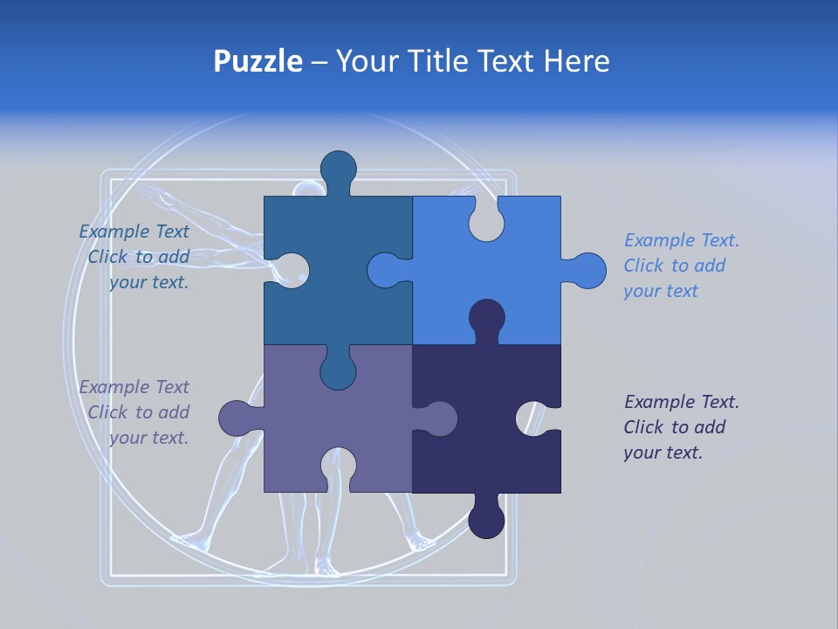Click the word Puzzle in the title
(x=258, y=61)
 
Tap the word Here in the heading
(x=576, y=61)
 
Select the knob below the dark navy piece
(x=486, y=519)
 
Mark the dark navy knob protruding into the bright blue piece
(x=486, y=318)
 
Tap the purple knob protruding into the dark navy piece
(x=438, y=418)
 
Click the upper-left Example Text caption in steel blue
(x=136, y=257)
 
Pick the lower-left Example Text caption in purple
(x=136, y=412)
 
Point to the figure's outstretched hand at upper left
(x=153, y=194)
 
